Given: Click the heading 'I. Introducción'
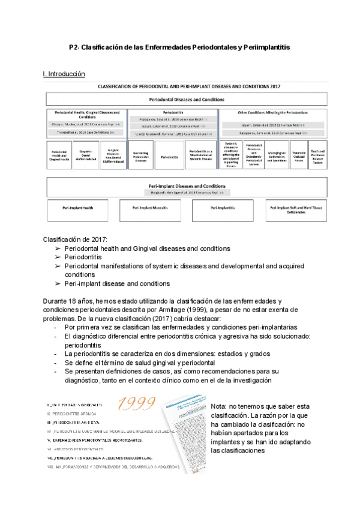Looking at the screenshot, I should click(x=64, y=74).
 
